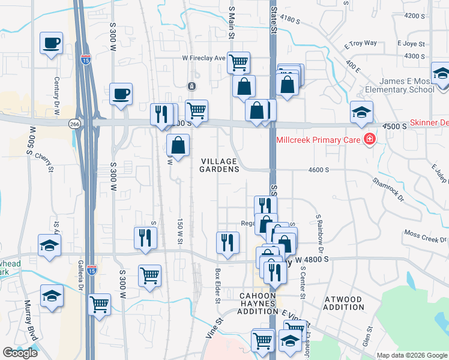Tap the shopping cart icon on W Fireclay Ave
click(238, 62)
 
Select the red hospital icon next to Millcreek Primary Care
click(370, 140)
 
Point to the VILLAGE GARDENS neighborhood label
click(220, 165)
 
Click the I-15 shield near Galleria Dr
click(91, 270)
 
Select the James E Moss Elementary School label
click(406, 86)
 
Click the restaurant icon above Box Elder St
click(228, 242)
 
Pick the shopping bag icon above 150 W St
click(178, 145)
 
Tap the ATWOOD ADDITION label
click(343, 303)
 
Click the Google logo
click(20, 353)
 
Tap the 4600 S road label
click(318, 170)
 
